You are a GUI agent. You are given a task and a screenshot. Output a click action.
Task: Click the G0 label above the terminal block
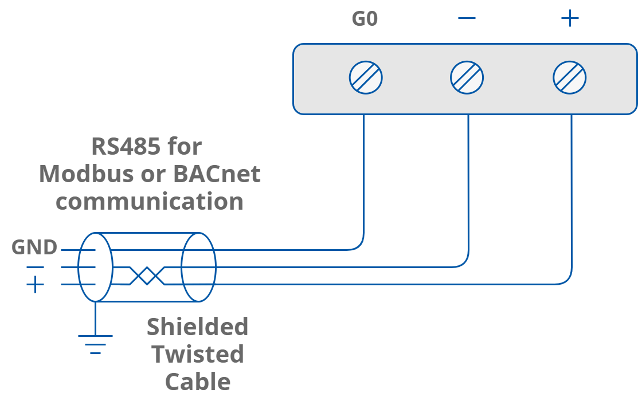[365, 19]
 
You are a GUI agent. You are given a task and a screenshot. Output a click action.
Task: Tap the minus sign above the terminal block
[467, 18]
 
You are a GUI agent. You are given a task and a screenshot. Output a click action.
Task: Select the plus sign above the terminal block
[570, 18]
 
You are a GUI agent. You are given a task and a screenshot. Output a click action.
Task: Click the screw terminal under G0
[366, 77]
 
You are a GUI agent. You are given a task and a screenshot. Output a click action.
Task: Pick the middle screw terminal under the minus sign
[467, 77]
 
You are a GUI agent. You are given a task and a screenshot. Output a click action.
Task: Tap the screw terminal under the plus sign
[570, 77]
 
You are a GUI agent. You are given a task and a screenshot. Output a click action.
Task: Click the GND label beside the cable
[34, 247]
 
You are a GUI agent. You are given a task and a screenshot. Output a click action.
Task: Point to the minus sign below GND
[35, 267]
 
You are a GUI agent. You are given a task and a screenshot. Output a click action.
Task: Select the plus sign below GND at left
[35, 284]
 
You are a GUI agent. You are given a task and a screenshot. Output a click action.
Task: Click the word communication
[150, 201]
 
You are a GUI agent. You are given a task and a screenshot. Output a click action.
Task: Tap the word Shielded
[197, 327]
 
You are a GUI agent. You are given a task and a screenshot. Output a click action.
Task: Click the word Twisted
[197, 354]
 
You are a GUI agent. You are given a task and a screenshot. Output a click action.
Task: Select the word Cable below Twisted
[198, 382]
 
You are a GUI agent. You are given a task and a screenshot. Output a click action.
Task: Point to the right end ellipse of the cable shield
[198, 267]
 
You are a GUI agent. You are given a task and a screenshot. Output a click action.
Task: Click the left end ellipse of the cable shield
[95, 267]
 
